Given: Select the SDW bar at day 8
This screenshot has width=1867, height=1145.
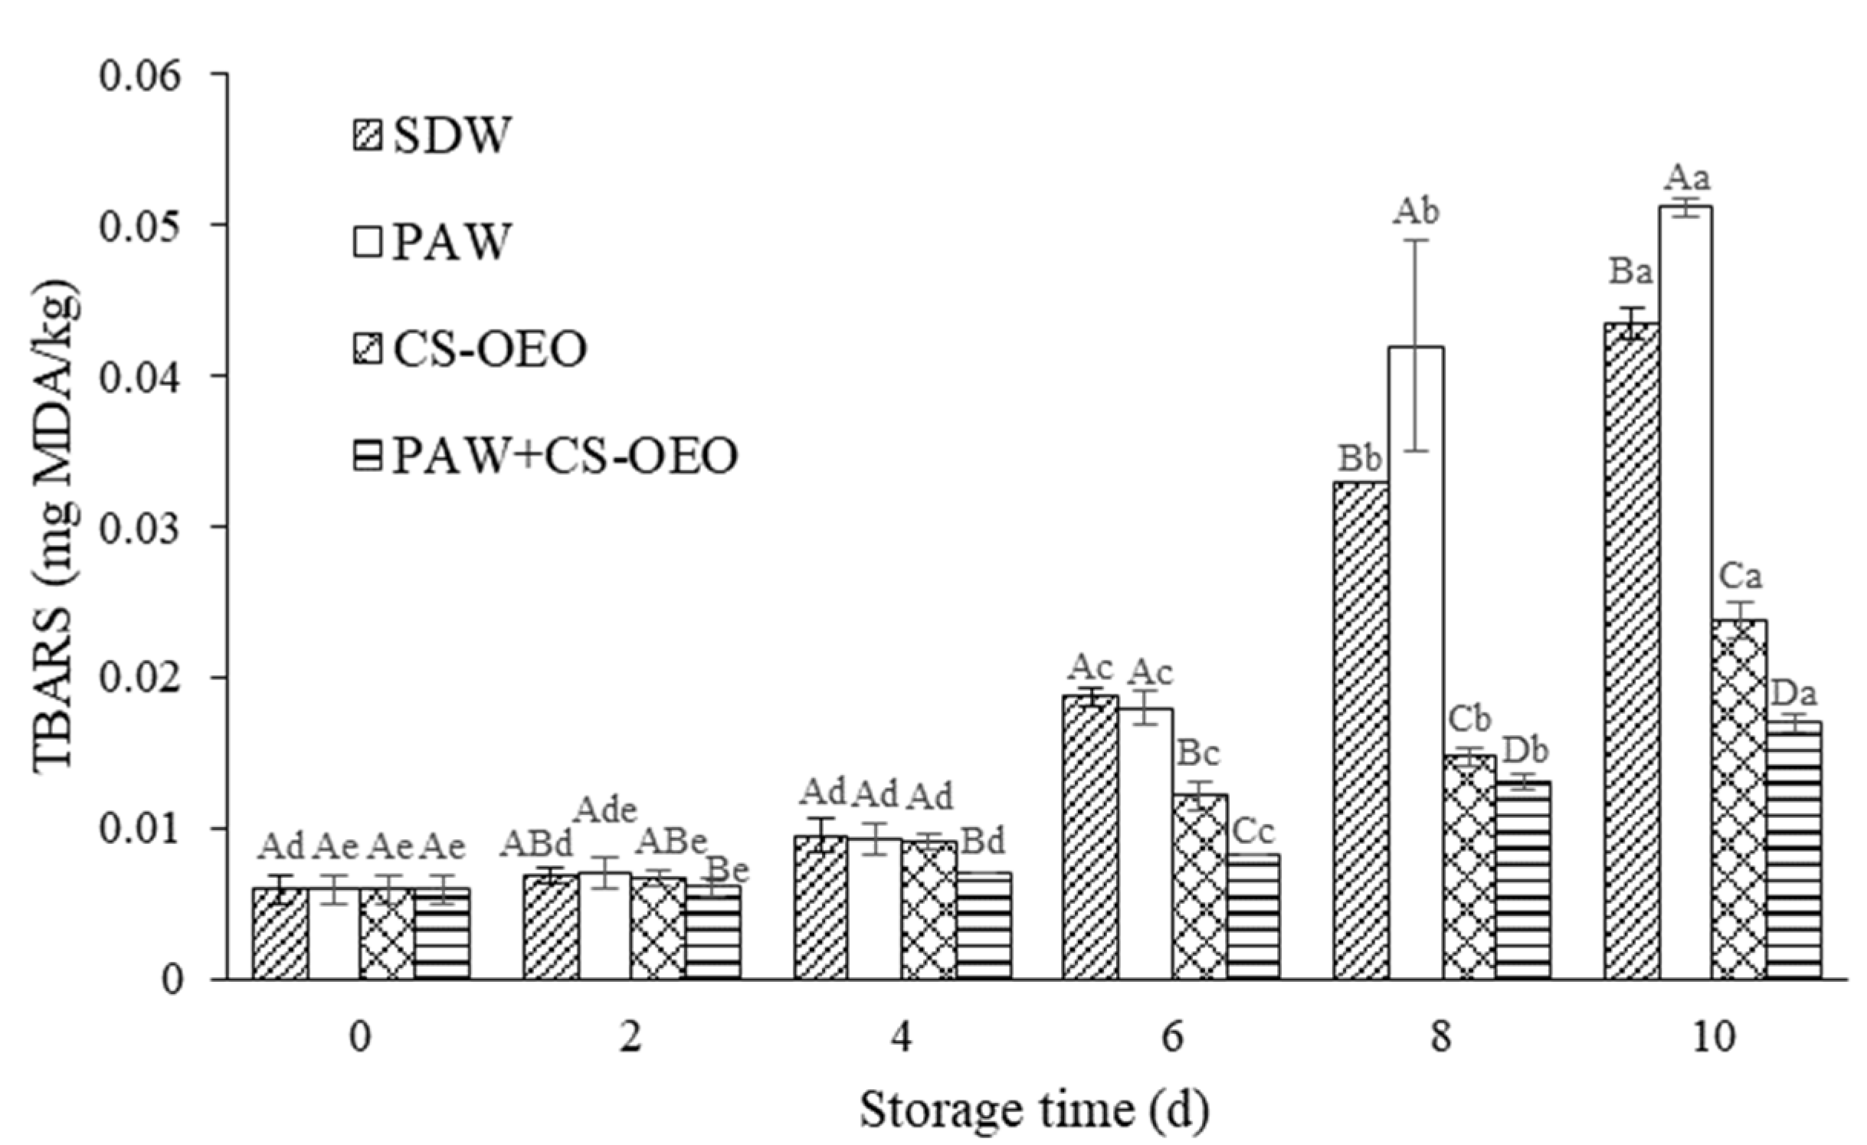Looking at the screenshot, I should click(1361, 728).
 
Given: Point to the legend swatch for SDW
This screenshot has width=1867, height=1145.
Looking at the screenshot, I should click(368, 136).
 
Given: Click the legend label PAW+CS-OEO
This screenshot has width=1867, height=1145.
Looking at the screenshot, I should click(565, 456).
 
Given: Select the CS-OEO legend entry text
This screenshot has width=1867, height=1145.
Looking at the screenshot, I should click(490, 350).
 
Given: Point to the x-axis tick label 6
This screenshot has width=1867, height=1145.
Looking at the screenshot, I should click(1172, 1041).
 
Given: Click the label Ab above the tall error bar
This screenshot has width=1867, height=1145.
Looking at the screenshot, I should click(1415, 212).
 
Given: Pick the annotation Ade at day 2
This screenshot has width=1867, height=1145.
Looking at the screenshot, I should click(606, 810).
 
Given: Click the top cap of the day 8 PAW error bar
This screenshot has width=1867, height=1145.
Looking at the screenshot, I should click(1415, 240).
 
